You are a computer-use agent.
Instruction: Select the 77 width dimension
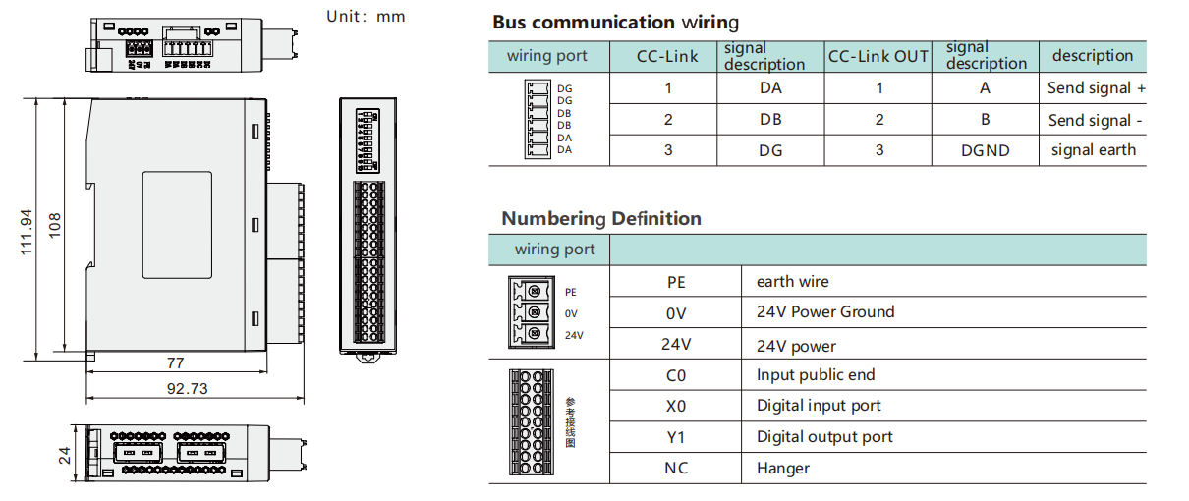pos(176,362)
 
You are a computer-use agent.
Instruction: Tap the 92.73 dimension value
pos(187,389)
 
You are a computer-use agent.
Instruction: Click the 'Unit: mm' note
pos(366,16)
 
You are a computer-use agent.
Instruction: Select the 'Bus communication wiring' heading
pos(615,22)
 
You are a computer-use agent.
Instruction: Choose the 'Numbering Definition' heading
pos(601,218)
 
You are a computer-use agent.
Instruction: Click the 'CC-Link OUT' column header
pos(878,57)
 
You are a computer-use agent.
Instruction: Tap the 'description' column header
pos(1093,56)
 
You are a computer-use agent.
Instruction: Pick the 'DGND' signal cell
pos(985,150)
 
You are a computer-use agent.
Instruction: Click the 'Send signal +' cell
pos(1096,88)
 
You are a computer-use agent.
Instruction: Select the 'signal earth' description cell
pos(1093,150)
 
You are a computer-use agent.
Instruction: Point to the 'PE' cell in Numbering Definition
pos(676,282)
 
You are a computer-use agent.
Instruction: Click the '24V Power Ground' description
pos(825,312)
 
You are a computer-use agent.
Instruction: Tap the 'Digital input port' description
pos(819,406)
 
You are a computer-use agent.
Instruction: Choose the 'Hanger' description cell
pos(783,469)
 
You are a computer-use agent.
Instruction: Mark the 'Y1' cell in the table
pos(676,437)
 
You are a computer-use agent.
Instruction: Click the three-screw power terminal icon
pos(531,312)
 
